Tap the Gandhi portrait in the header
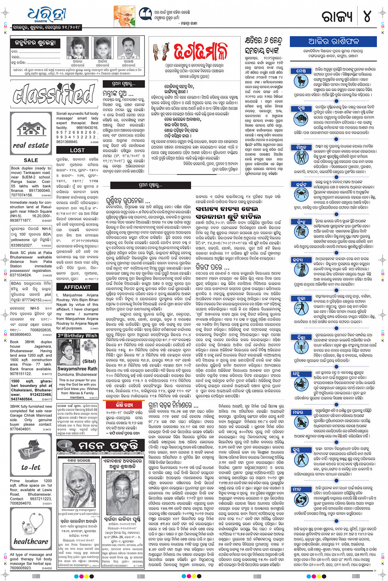[x=124, y=16]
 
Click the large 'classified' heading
[x=54, y=94]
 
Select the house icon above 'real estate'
[x=31, y=130]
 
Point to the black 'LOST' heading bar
[x=77, y=150]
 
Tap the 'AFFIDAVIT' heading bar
[x=77, y=287]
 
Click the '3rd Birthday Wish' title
[x=77, y=335]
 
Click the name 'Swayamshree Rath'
[x=77, y=369]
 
